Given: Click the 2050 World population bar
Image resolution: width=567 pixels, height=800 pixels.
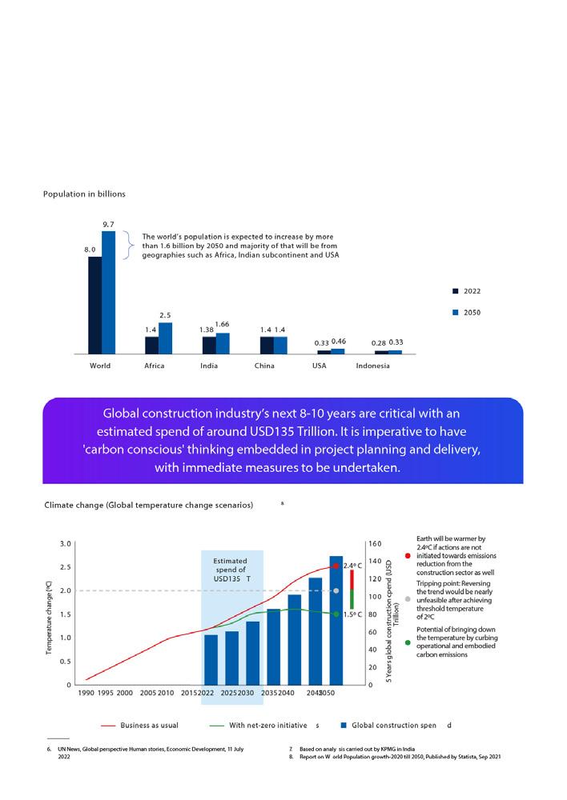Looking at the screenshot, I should tap(109, 292).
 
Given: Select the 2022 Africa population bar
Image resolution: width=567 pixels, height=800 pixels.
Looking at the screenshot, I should tap(151, 345).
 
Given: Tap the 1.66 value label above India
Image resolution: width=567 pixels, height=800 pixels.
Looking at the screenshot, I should tap(222, 323).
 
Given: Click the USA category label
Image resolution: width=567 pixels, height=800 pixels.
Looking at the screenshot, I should tap(320, 366).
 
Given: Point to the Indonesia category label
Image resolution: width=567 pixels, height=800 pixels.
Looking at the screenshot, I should tap(372, 366).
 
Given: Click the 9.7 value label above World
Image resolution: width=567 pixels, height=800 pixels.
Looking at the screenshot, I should tap(109, 223).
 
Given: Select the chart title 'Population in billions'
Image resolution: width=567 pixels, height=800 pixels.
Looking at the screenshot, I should tap(84, 194).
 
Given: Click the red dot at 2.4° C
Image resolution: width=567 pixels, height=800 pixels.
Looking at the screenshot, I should tap(336, 566).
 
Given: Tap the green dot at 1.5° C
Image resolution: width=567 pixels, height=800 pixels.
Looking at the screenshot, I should tap(336, 614).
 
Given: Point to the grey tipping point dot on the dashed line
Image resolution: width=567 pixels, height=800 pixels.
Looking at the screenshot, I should tap(336, 590).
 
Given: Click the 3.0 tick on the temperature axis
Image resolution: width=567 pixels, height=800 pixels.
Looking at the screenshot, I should tap(66, 543).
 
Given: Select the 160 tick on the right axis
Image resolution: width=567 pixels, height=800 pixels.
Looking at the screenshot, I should tap(375, 543).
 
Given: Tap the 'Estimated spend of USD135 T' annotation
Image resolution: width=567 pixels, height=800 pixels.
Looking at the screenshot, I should tap(231, 569).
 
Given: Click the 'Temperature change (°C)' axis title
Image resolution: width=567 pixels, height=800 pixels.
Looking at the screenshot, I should tap(50, 614).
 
